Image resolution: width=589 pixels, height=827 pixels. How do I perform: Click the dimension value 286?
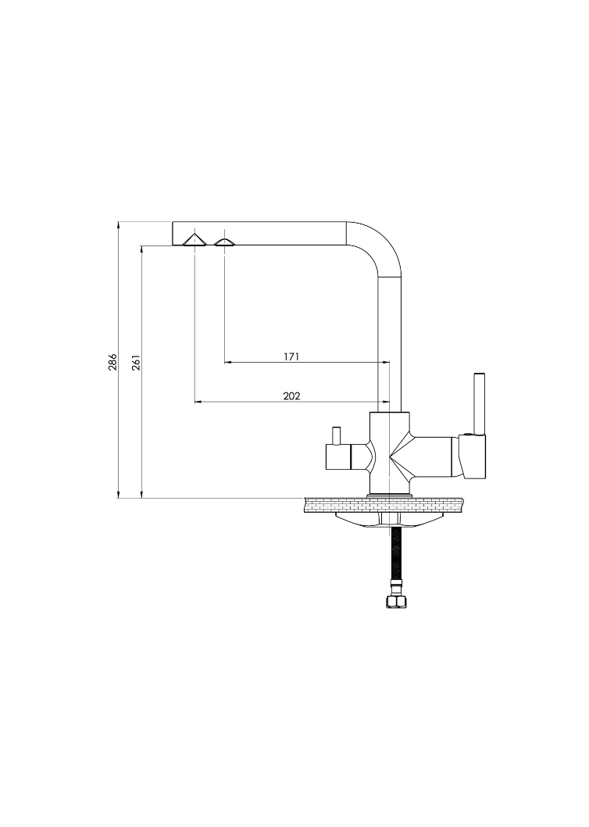pos(112,362)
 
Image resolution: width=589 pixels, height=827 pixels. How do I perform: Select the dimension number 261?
pos(135,362)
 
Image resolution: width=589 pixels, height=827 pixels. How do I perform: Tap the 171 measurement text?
pos(291,356)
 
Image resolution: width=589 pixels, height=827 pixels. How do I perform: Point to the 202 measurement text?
pos(291,396)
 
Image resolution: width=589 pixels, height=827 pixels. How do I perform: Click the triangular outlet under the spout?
pos(195,239)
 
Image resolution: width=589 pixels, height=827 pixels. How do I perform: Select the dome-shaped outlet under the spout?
pos(225,242)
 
